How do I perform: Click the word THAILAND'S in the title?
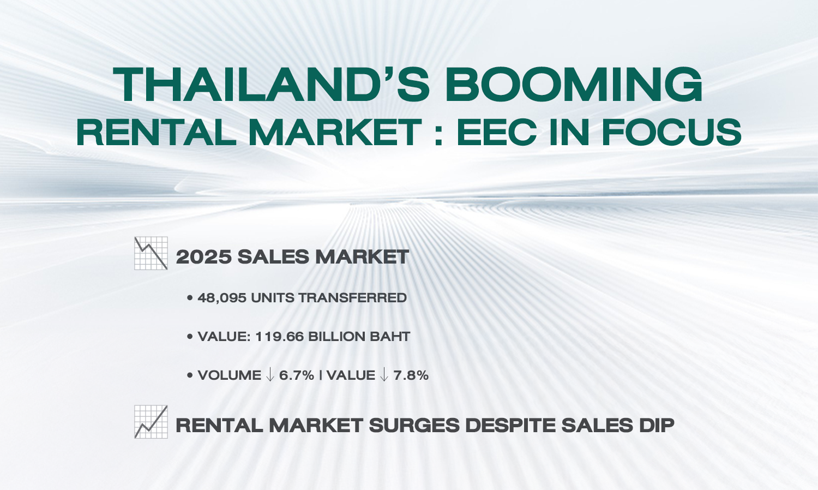coord(272,85)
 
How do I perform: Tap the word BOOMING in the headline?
coord(574,85)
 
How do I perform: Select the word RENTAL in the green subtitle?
coord(157,132)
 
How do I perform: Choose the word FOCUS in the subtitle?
coord(671,132)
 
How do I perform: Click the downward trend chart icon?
coord(151,253)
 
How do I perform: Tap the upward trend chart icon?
coord(151,422)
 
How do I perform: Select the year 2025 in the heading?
coord(204,257)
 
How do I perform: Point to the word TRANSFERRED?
coord(353,298)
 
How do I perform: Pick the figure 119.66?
coord(279,337)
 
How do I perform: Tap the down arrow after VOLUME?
coord(270,375)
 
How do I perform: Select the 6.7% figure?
coord(297,375)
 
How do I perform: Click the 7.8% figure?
coord(411,375)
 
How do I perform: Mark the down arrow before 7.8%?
coord(384,375)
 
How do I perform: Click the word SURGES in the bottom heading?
coord(414,425)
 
